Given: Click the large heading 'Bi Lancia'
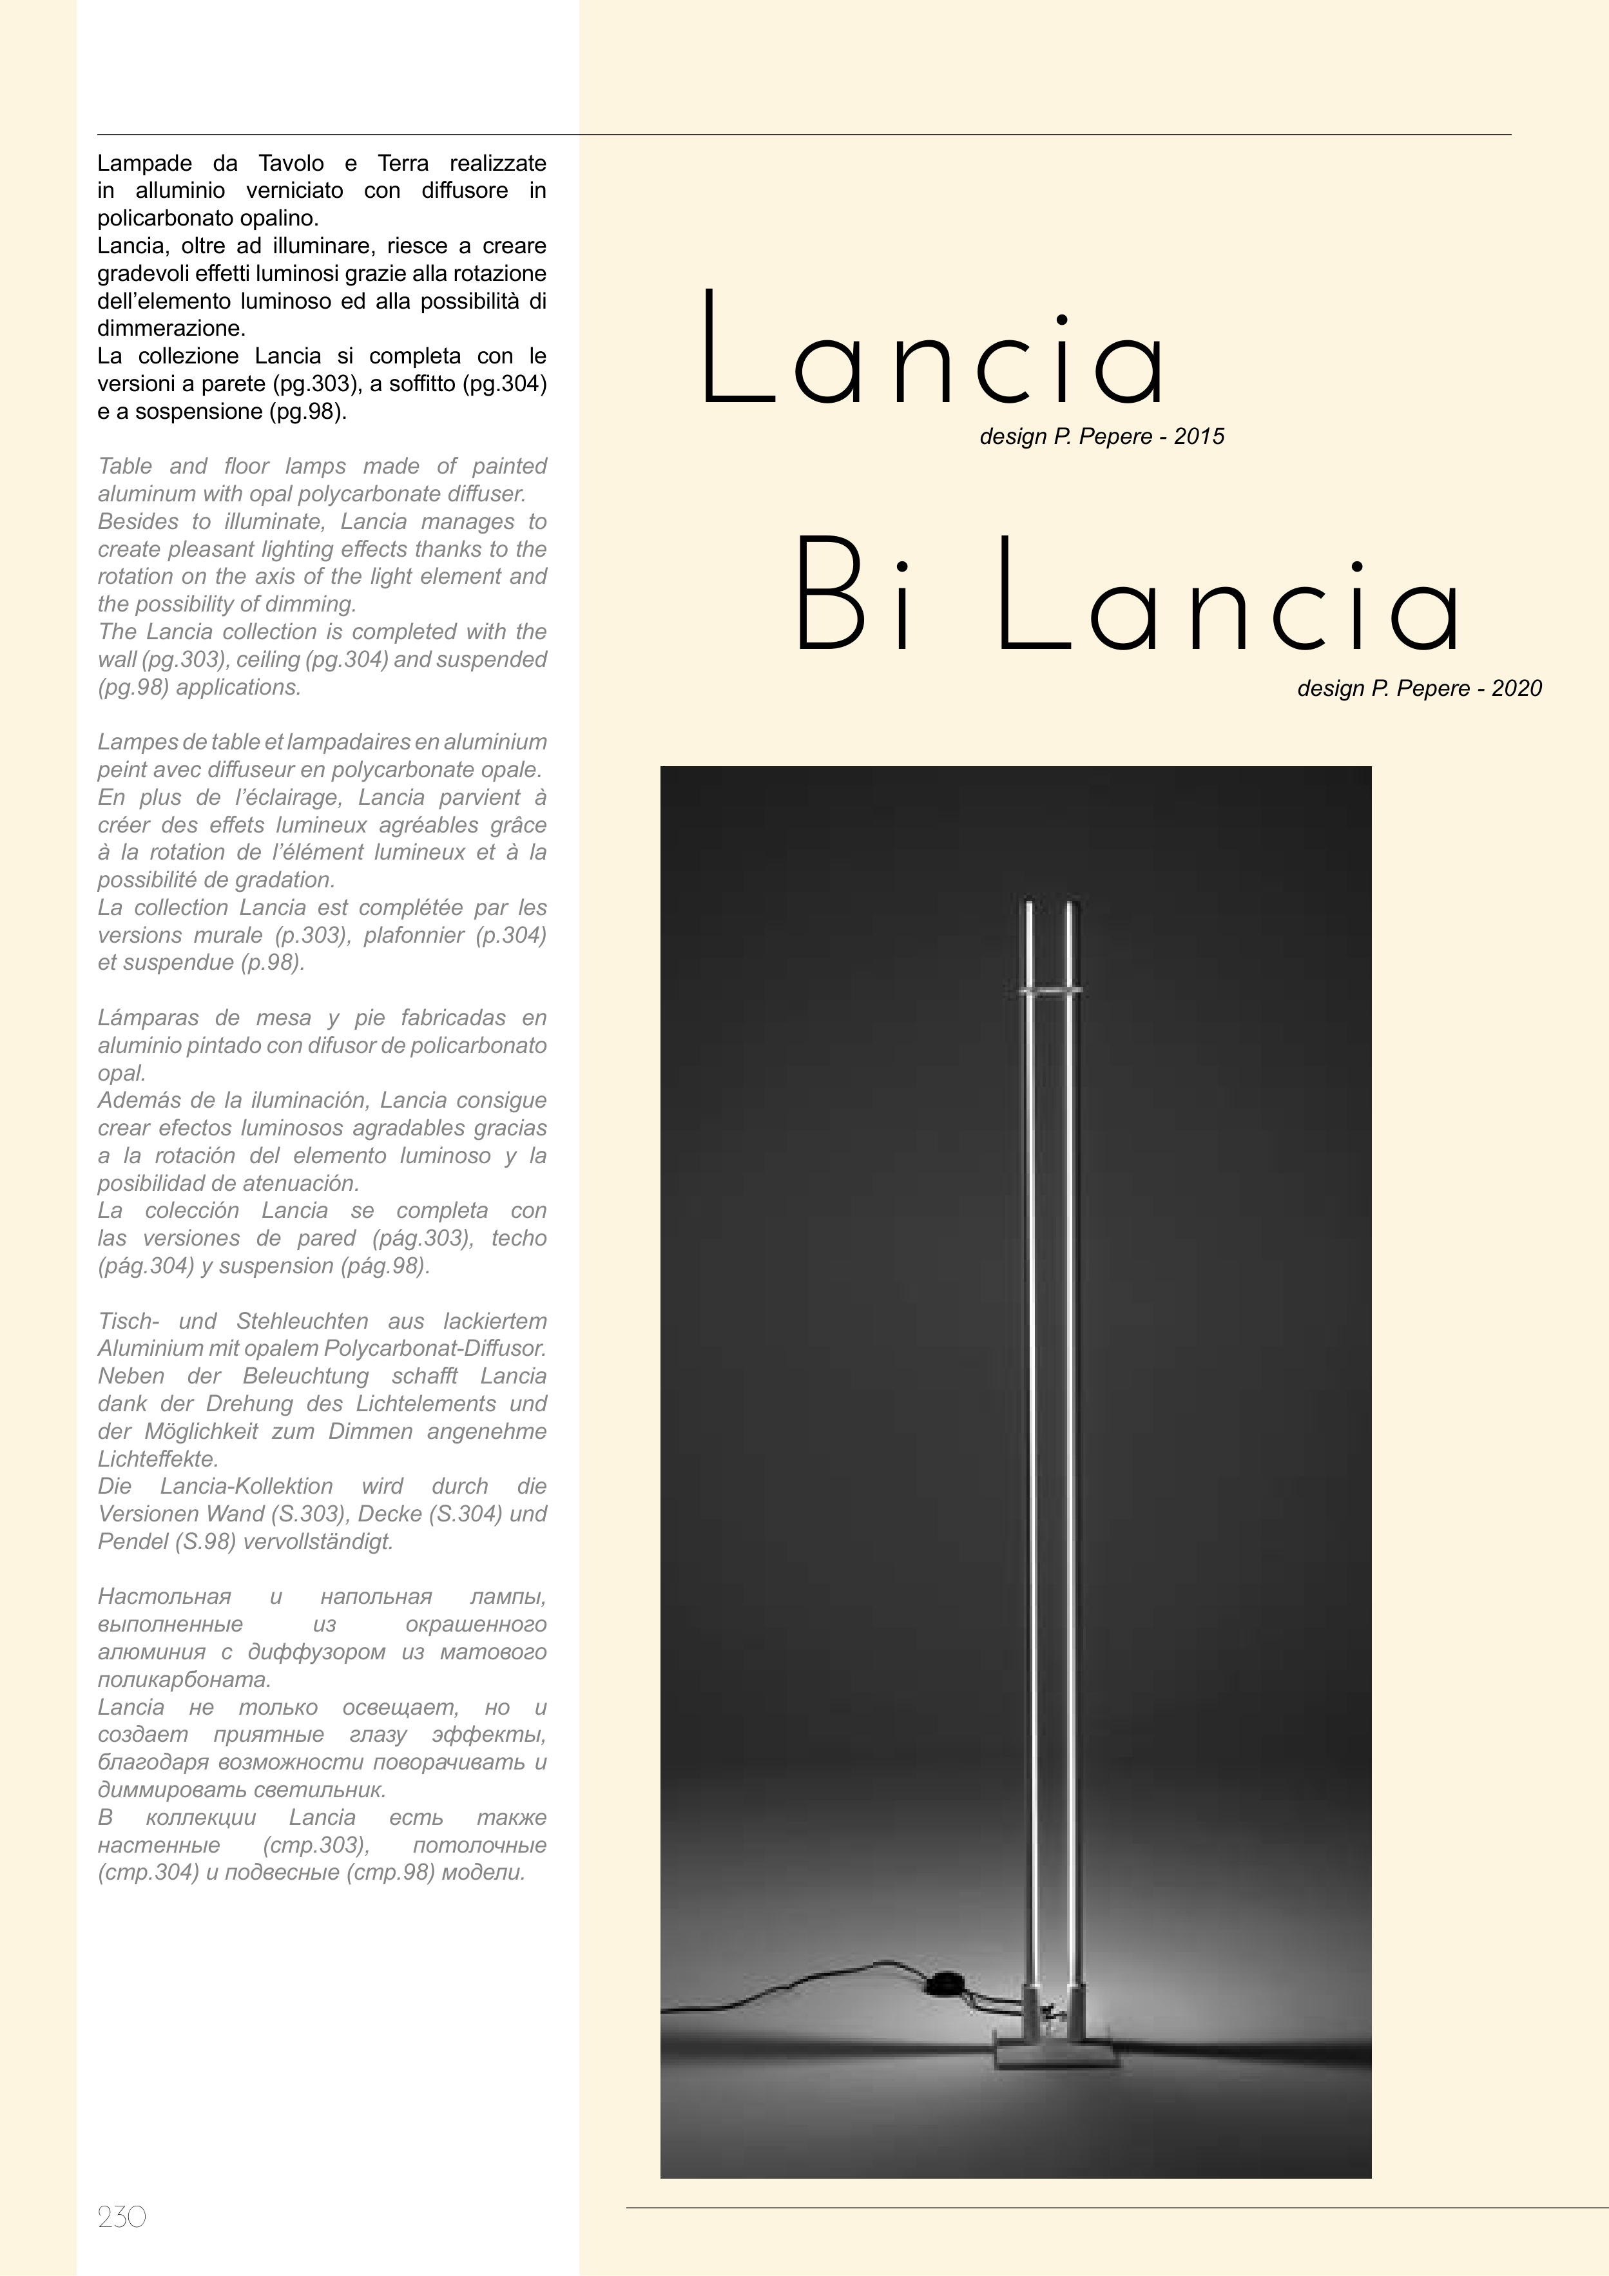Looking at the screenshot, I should click(1126, 597).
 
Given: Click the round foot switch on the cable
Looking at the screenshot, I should click(944, 1983).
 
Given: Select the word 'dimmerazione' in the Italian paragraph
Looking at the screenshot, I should click(171, 328).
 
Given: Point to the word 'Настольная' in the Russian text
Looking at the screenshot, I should click(164, 1597).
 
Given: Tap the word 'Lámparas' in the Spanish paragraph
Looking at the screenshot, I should click(146, 1018).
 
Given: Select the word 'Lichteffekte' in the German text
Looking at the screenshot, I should click(159, 1459).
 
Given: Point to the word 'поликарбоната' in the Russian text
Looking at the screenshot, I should click(184, 1680).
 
